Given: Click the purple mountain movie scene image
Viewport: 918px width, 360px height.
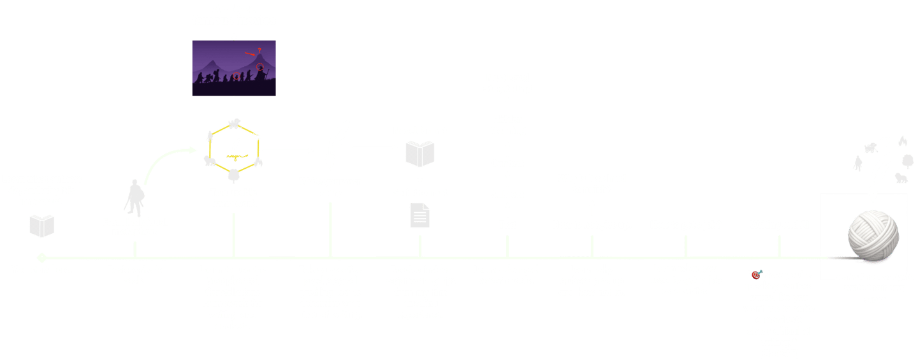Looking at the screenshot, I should coord(234,68).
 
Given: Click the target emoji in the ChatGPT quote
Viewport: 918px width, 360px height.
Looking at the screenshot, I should coord(756,275).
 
